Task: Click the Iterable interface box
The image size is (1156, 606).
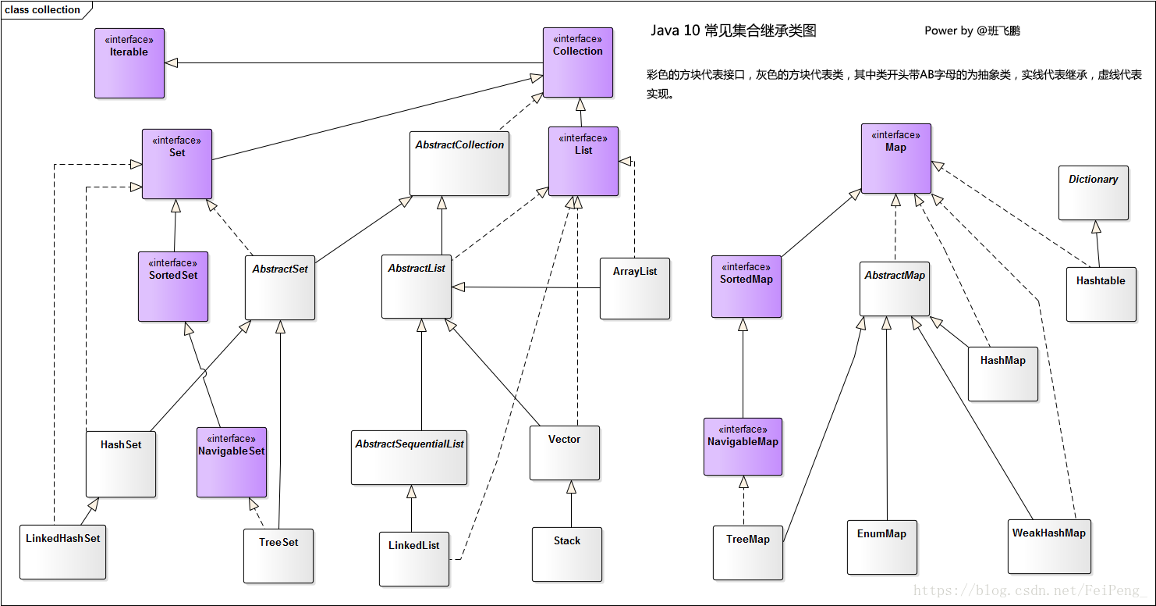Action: pos(129,63)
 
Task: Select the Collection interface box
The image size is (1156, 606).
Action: pos(578,62)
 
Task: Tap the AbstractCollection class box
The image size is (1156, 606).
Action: pos(459,164)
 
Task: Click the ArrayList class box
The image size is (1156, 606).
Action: pos(635,289)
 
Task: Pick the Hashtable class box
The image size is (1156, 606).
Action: pos(1101,294)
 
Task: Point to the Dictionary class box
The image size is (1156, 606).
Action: pos(1094,193)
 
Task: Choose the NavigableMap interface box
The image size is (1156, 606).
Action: pos(743,447)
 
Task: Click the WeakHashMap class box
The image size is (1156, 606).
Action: pos(1049,547)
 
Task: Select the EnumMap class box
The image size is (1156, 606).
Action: pos(882,547)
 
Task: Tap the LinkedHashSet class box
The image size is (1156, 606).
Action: pos(63,552)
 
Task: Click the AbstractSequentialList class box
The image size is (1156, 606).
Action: pos(410,458)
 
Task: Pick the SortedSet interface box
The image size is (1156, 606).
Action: pos(173,287)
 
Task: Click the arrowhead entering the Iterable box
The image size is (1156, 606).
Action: pos(172,63)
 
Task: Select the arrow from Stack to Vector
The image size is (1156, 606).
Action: pos(571,504)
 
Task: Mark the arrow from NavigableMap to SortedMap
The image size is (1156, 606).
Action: pos(743,368)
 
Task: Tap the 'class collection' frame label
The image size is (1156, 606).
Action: pos(42,10)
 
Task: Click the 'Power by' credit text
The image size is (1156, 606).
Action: pos(949,31)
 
